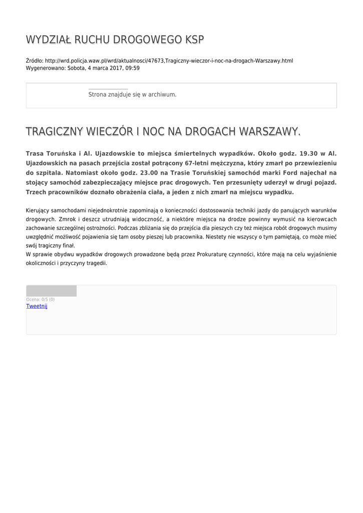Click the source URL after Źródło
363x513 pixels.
pos(169,61)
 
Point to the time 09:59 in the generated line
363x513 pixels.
pos(133,68)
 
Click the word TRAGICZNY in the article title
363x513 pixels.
pos(55,132)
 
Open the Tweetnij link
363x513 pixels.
pos(37,306)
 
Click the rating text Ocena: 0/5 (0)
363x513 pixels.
pos(41,300)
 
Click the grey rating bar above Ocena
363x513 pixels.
pos(51,291)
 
